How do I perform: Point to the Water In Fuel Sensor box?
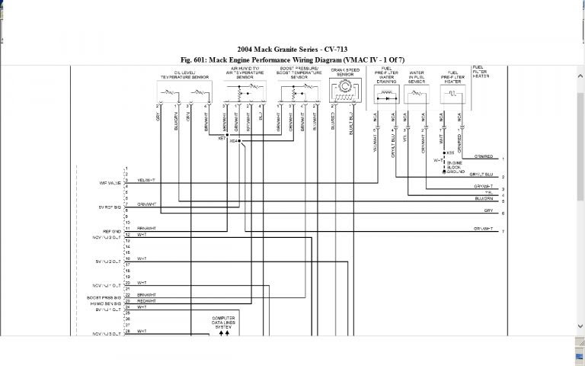tap(416, 95)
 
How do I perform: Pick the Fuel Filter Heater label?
tap(481, 72)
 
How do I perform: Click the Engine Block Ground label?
tap(456, 167)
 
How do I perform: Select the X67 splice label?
tap(222, 138)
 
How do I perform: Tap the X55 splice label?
tap(451, 152)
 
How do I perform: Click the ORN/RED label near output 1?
tap(483, 157)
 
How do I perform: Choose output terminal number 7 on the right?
tap(503, 230)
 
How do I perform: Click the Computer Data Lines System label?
tap(224, 321)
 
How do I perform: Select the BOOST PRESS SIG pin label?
tap(104, 297)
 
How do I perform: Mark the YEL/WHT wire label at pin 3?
tap(145, 180)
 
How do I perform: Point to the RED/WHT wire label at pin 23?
tap(145, 300)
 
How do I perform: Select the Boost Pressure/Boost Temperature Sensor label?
tap(299, 73)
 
